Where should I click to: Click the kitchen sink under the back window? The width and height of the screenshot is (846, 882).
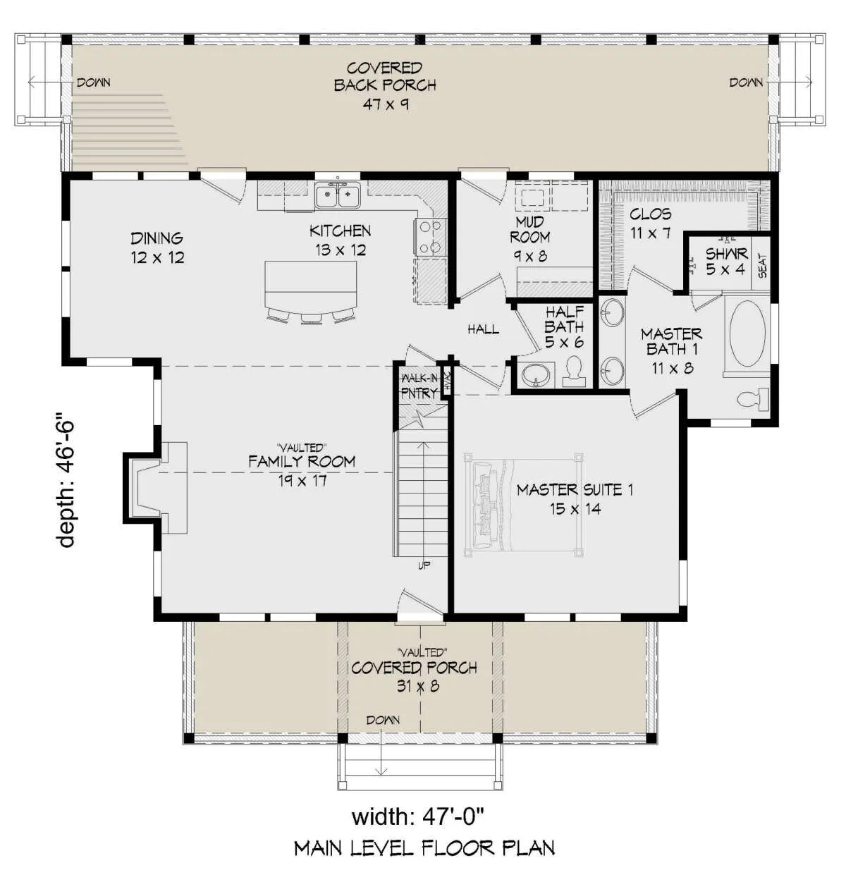[x=338, y=195]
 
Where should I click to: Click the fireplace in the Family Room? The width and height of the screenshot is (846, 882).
[x=156, y=488]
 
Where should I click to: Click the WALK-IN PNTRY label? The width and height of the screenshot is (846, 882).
[x=419, y=386]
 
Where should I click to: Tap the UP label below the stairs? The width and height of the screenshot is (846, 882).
[x=424, y=565]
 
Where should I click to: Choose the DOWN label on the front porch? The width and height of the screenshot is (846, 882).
[x=383, y=720]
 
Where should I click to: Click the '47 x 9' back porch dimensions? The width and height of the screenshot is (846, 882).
[x=386, y=104]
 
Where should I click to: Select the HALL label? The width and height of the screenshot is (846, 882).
[x=483, y=329]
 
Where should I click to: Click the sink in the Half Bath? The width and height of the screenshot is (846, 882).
[x=537, y=374]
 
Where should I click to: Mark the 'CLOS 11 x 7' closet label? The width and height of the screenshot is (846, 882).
[x=650, y=223]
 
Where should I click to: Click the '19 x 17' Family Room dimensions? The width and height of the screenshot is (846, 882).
[x=302, y=480]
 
